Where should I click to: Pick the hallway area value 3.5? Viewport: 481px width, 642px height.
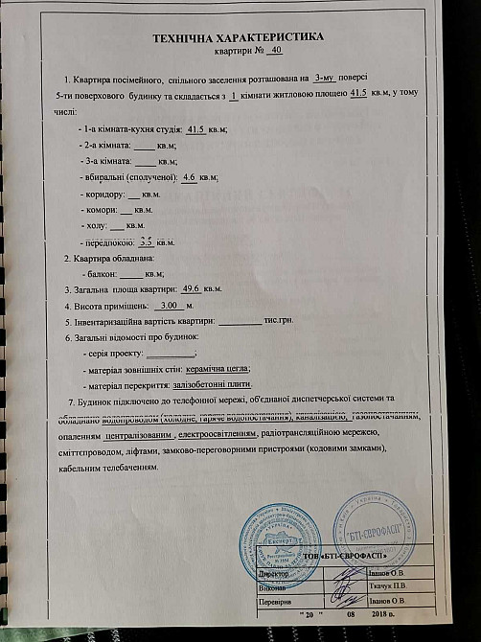coord(147,244)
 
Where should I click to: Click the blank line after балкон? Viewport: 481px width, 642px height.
coord(131,274)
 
